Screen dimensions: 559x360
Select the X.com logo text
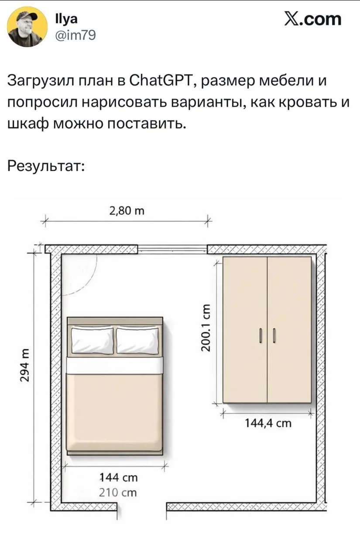pyautogui.click(x=312, y=19)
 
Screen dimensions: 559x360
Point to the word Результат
pyautogui.click(x=46, y=167)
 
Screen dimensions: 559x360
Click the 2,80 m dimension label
pyautogui.click(x=127, y=211)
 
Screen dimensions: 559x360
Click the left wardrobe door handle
pyautogui.click(x=261, y=336)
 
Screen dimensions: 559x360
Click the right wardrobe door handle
pyautogui.click(x=274, y=336)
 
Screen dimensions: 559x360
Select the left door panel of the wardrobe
pyautogui.click(x=245, y=330)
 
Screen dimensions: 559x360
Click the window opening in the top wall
pyautogui.click(x=172, y=249)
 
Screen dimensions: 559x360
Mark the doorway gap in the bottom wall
pyautogui.click(x=142, y=507)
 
